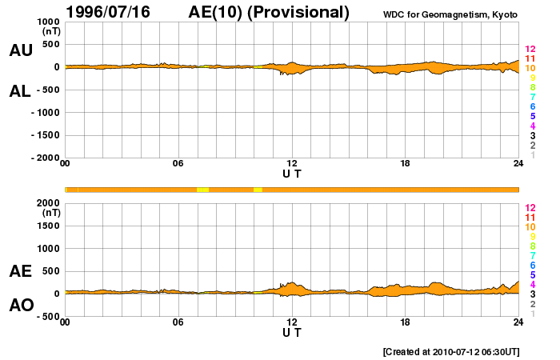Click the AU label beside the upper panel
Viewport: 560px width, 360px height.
pos(20,50)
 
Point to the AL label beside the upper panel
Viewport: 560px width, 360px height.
pos(20,91)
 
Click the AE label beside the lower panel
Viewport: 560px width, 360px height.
pos(20,271)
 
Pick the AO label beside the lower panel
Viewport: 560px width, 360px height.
pos(20,306)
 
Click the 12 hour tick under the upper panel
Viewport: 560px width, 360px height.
pos(292,164)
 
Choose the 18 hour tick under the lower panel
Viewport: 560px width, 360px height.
pos(406,322)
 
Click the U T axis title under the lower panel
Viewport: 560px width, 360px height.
pos(292,332)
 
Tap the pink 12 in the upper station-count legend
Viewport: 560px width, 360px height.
pos(530,50)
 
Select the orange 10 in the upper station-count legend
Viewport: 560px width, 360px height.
pos(530,69)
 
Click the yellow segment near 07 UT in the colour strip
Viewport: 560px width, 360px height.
pos(203,189)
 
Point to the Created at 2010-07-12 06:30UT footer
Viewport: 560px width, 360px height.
pos(451,351)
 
